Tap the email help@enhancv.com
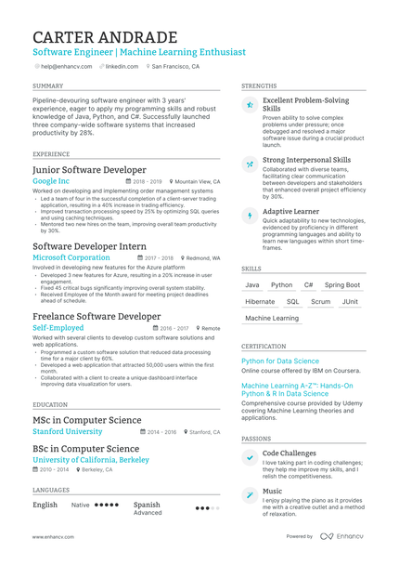pyautogui.click(x=64, y=67)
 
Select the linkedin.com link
pyautogui.click(x=122, y=67)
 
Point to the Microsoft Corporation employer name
pyautogui.click(x=71, y=257)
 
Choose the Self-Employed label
pyautogui.click(x=58, y=328)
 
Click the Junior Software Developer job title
pyautogui.click(x=89, y=170)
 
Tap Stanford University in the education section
pyautogui.click(x=68, y=432)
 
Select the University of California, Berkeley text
pyautogui.click(x=91, y=460)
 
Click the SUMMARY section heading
pyautogui.click(x=47, y=85)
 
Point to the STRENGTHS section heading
pyautogui.click(x=259, y=85)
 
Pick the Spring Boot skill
pyautogui.click(x=342, y=285)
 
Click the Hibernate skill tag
pyautogui.click(x=260, y=302)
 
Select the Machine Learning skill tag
pyautogui.click(x=272, y=318)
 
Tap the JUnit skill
pyautogui.click(x=350, y=302)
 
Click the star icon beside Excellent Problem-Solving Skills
pyautogui.click(x=250, y=106)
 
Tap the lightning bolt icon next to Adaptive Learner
pyautogui.click(x=250, y=216)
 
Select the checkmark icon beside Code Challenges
pyautogui.click(x=250, y=458)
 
